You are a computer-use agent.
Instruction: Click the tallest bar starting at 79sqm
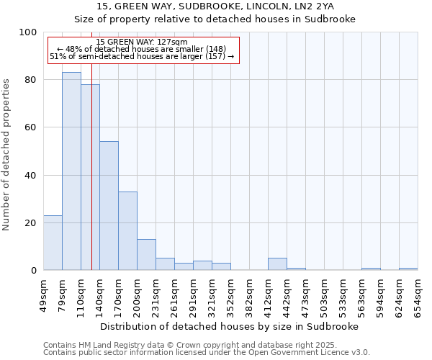71,171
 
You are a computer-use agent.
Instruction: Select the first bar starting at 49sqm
53,243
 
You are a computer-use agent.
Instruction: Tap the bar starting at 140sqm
109,206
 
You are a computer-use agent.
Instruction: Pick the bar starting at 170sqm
127,231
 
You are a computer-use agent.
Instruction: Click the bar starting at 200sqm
146,255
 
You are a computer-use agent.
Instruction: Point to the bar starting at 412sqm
277,264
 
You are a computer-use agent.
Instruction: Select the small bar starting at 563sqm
371,269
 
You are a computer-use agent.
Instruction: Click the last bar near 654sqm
408,269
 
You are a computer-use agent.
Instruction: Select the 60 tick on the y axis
31,127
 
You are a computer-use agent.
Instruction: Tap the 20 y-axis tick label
31,223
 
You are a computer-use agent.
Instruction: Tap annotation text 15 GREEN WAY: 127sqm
141,42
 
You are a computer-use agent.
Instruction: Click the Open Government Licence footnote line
207,353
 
